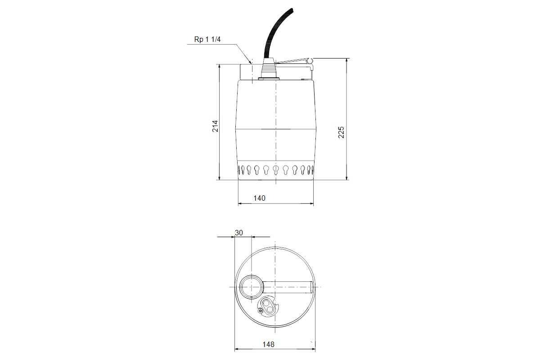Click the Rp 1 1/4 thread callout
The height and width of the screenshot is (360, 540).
pos(207,39)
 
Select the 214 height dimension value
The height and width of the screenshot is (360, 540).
pos(215,126)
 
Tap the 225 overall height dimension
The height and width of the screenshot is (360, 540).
pos(341,132)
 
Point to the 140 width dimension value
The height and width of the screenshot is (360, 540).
pos(259,198)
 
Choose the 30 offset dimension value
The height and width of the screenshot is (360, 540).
pos(239,233)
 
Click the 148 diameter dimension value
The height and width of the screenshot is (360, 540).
pos(268,344)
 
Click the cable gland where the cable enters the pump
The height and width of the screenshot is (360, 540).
pos(269,69)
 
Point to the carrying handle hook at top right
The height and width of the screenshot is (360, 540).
pos(310,63)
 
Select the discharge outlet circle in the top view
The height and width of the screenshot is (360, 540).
pos(252,287)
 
